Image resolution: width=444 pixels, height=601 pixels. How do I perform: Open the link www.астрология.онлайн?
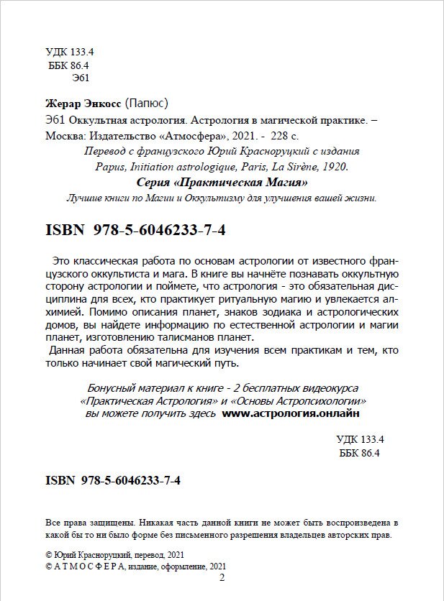(290, 414)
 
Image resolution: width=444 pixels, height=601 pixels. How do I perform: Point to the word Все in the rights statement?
(53, 523)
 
